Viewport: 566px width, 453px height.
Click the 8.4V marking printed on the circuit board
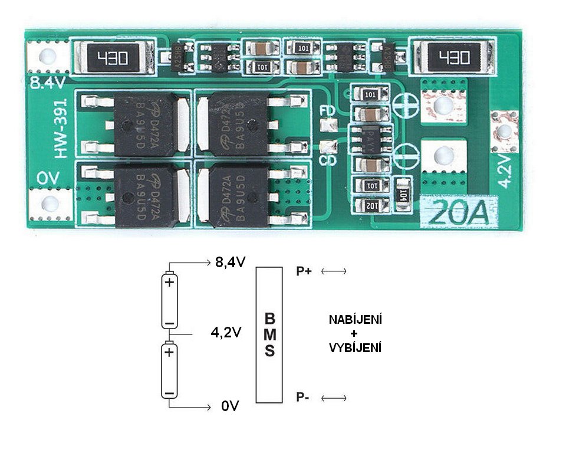47,83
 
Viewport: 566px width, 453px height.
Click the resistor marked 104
403,192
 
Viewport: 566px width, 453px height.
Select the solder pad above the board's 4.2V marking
505,131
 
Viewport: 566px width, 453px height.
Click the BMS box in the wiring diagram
269,334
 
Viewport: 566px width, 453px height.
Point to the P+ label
305,271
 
